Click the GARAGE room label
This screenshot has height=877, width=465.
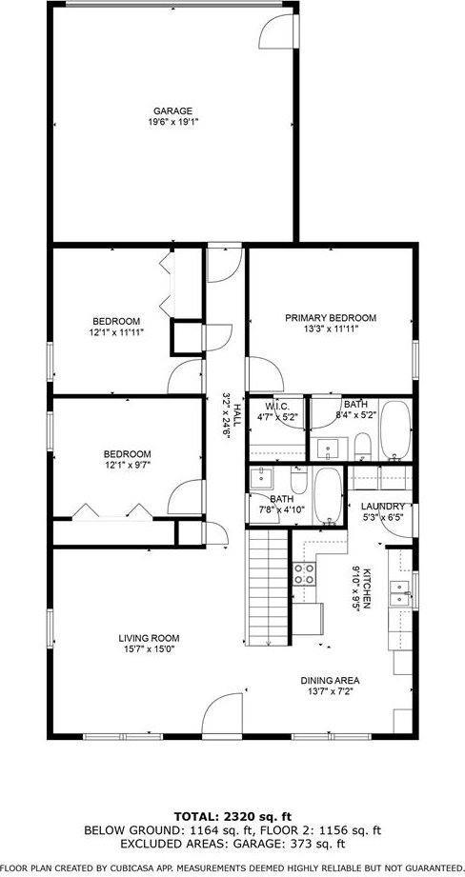tap(172, 110)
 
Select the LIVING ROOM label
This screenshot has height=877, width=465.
tap(149, 638)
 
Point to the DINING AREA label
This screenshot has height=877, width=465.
tap(330, 680)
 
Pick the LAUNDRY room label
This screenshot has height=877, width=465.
tap(383, 507)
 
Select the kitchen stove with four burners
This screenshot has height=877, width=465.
tap(305, 574)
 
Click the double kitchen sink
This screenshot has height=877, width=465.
tap(406, 595)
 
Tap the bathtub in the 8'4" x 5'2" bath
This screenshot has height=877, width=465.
tap(394, 430)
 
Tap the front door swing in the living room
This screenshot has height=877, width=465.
tap(222, 716)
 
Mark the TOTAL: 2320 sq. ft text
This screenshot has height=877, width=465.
tap(232, 817)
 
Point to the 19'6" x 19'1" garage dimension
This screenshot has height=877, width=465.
tap(172, 122)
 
